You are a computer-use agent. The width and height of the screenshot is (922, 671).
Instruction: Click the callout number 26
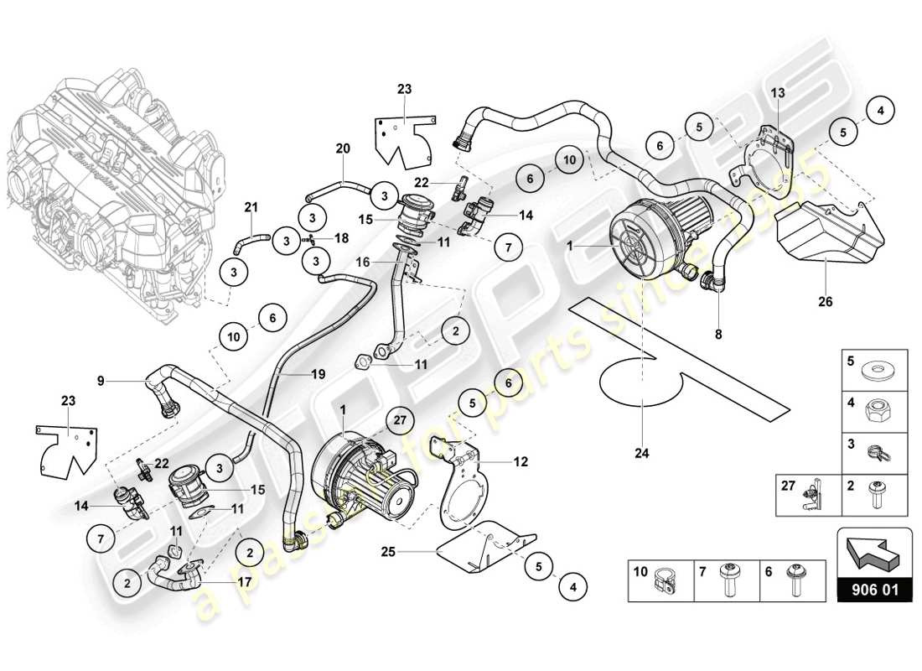(x=826, y=302)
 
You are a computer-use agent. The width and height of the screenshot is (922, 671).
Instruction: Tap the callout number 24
(x=641, y=454)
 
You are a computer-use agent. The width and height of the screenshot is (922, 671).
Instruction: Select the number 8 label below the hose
(x=717, y=334)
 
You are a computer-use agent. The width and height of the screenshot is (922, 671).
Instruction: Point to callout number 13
(x=778, y=93)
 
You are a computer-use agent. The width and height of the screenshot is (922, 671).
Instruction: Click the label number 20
(x=343, y=148)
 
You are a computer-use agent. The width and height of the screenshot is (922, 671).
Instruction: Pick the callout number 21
(x=250, y=208)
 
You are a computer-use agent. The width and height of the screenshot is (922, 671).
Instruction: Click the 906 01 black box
(x=874, y=590)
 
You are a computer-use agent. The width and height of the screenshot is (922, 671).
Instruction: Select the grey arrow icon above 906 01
(x=874, y=552)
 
